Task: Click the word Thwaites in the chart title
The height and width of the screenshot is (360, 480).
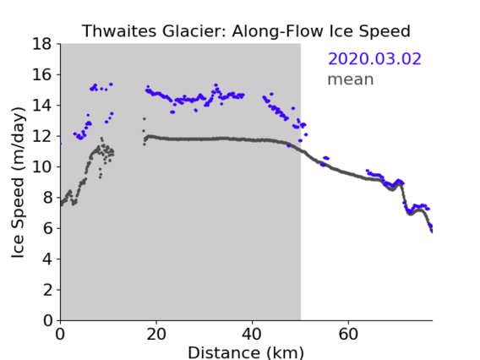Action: (x=120, y=31)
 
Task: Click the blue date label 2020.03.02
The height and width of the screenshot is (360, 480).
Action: (x=374, y=58)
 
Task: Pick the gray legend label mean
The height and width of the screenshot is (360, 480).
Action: (x=351, y=79)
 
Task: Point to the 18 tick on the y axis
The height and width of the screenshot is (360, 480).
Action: (x=42, y=44)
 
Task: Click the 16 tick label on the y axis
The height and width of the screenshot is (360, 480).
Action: (x=42, y=74)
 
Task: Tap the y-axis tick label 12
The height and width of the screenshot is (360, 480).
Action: (x=42, y=136)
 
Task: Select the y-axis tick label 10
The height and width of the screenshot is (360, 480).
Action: (x=42, y=166)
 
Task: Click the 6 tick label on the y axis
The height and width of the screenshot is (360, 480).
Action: (x=47, y=228)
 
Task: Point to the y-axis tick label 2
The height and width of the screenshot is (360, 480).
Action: (x=47, y=290)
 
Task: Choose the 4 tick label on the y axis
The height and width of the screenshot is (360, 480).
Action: (x=47, y=259)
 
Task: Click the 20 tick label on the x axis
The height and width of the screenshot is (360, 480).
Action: (x=156, y=334)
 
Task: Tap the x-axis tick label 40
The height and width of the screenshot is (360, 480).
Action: (x=252, y=334)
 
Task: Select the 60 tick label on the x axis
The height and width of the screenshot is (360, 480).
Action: (x=348, y=334)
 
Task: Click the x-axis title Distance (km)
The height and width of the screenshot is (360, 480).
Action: (x=246, y=352)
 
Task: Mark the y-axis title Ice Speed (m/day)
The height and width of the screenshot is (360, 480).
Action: (x=18, y=183)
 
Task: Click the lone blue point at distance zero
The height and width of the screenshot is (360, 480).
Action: (x=61, y=144)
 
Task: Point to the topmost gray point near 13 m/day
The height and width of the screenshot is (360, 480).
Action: (x=145, y=119)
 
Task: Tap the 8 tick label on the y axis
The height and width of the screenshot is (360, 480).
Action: (x=47, y=198)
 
